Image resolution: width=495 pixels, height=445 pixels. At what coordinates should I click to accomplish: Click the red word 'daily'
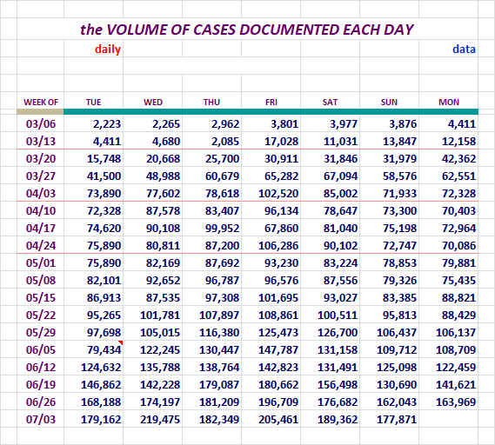tap(108, 50)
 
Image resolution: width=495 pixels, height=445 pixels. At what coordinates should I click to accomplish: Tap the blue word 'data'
tap(464, 50)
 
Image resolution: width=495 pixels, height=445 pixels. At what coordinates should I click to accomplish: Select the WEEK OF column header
tap(41, 103)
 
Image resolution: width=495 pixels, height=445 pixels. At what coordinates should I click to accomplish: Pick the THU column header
tap(211, 103)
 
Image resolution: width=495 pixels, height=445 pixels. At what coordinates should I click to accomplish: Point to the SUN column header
tap(389, 103)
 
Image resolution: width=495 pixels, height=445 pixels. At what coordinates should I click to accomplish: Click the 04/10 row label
tap(41, 210)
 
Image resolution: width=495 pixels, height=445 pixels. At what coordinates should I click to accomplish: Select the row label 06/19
tap(41, 384)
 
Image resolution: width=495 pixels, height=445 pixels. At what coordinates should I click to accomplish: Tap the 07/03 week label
tap(41, 419)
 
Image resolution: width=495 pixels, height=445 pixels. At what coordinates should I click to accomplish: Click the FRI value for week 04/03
tap(278, 193)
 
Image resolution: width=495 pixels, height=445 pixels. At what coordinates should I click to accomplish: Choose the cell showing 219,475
tap(160, 419)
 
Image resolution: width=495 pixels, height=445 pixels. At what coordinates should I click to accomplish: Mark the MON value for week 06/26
tap(456, 402)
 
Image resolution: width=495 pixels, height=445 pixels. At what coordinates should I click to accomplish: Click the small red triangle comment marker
tap(121, 342)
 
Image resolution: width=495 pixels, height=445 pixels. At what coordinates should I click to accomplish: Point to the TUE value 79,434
tap(104, 349)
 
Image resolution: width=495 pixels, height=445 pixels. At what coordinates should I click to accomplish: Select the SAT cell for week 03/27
tap(341, 176)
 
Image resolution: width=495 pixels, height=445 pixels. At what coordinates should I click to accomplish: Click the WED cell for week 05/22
tap(160, 315)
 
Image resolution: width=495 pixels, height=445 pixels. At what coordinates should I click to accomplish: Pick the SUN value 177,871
tap(397, 419)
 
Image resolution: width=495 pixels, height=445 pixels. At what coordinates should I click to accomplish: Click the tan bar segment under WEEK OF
tap(40, 111)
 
